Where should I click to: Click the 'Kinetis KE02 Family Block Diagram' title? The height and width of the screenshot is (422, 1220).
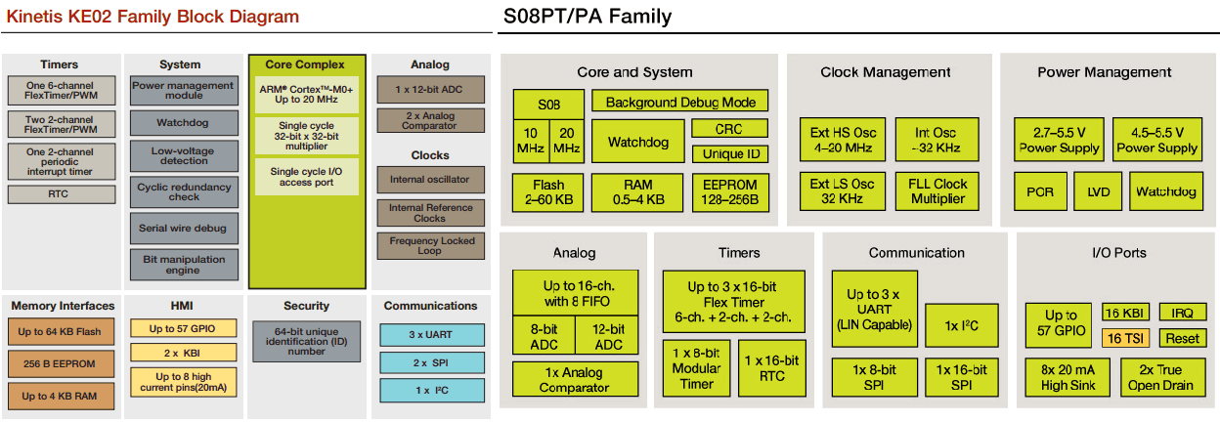coord(152,17)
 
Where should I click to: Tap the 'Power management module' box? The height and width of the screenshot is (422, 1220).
coord(183,91)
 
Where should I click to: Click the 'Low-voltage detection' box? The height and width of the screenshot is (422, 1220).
coord(183,156)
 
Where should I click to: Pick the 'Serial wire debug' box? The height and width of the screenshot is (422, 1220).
coord(183,229)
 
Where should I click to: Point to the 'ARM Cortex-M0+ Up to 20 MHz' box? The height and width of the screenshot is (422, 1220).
coord(307,94)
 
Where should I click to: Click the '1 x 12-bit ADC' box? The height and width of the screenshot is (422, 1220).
coord(430,90)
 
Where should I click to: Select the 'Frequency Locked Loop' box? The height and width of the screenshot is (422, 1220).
coord(430,246)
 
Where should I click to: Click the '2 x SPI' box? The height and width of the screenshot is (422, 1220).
coord(430,362)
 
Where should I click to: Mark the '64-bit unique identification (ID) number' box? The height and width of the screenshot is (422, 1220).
coord(307,339)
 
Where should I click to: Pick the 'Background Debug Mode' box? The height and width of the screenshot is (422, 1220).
coord(679,102)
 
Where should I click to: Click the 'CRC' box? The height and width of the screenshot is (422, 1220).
coord(728,129)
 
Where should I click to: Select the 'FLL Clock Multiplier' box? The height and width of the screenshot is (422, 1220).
coord(937,190)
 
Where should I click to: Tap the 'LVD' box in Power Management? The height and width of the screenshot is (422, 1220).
coord(1098,191)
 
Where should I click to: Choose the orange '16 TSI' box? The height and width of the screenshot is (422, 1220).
coord(1126,338)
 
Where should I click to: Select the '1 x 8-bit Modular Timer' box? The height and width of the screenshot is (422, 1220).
coord(696,368)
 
